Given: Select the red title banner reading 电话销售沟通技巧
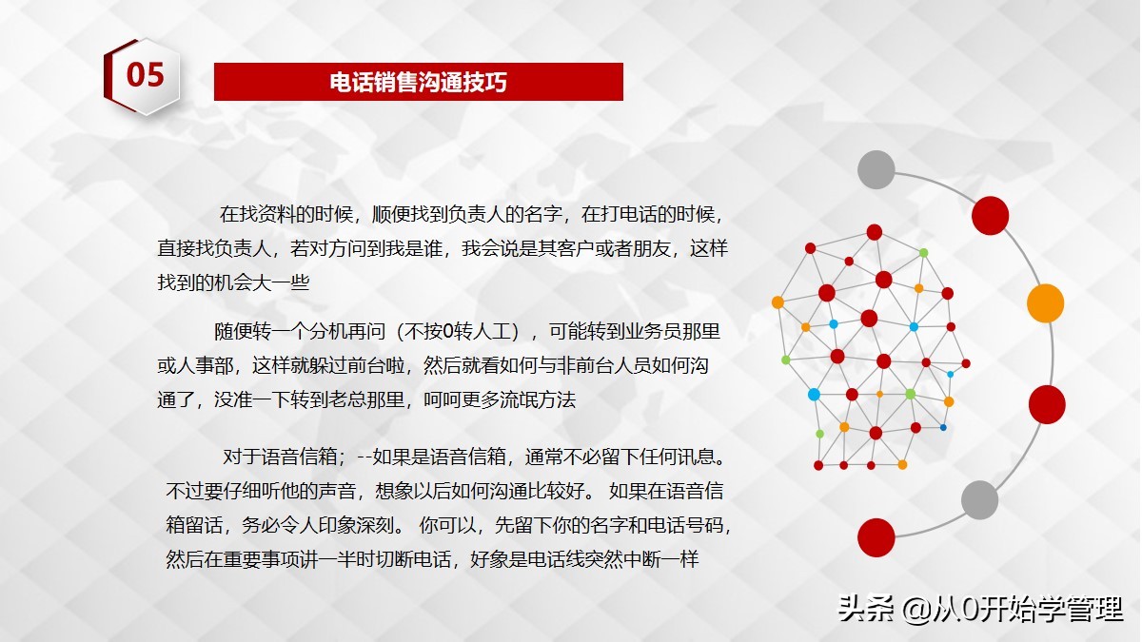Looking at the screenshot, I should pos(418,82).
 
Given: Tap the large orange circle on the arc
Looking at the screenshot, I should pos(1045,302).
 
